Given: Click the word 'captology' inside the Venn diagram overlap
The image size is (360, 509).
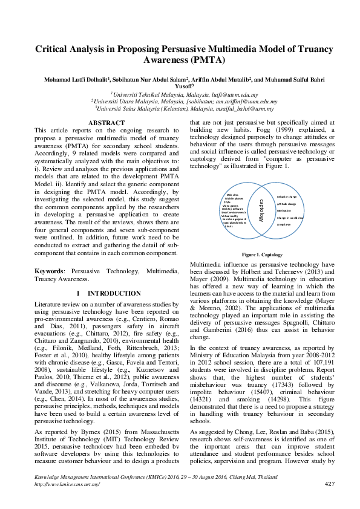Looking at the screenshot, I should (x=261, y=209).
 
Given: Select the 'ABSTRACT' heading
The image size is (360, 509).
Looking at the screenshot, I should (x=106, y=123).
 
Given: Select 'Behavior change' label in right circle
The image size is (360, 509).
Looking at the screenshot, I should (x=286, y=197).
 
